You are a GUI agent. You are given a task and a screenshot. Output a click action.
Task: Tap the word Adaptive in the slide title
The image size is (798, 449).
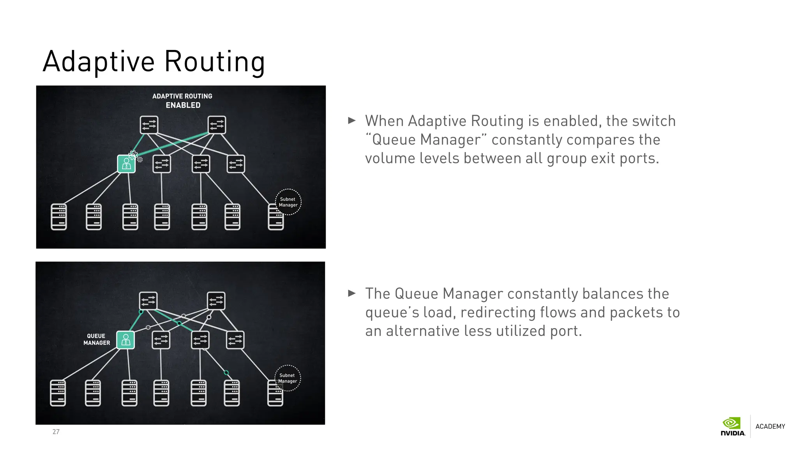pyautogui.click(x=99, y=62)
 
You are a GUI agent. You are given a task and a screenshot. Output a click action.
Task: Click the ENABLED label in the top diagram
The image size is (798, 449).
pyautogui.click(x=183, y=105)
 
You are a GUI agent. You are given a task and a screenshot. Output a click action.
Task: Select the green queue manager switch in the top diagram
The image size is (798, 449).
pyautogui.click(x=126, y=164)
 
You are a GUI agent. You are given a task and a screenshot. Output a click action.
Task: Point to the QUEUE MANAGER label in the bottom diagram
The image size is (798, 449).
pyautogui.click(x=97, y=339)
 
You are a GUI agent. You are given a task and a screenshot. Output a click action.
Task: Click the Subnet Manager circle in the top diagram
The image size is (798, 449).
pyautogui.click(x=288, y=202)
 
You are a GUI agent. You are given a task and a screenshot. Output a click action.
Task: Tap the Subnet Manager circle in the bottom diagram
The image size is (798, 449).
pyautogui.click(x=288, y=378)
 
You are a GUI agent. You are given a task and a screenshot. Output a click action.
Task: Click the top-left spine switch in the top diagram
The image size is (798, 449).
pyautogui.click(x=149, y=125)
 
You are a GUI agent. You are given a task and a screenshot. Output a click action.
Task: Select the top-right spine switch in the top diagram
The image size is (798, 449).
pyautogui.click(x=217, y=125)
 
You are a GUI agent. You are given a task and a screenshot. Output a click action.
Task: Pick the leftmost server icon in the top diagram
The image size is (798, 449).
pyautogui.click(x=59, y=217)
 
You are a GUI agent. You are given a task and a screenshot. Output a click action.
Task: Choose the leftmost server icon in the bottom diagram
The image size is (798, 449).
pyautogui.click(x=58, y=393)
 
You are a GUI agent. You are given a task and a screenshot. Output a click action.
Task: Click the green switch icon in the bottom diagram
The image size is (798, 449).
pyautogui.click(x=125, y=340)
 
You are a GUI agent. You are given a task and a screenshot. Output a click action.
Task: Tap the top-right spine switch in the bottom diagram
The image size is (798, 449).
pyautogui.click(x=216, y=301)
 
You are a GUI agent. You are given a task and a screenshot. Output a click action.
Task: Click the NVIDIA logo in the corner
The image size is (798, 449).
pyautogui.click(x=733, y=427)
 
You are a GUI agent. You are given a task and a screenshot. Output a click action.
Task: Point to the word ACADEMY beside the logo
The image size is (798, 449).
pyautogui.click(x=770, y=426)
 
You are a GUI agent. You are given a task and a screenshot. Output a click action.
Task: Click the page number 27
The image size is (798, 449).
pyautogui.click(x=56, y=431)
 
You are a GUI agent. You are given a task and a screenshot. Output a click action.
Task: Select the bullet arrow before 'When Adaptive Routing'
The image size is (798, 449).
pyautogui.click(x=352, y=120)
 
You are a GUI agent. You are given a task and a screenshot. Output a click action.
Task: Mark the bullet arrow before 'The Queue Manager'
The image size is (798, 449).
pyautogui.click(x=352, y=293)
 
